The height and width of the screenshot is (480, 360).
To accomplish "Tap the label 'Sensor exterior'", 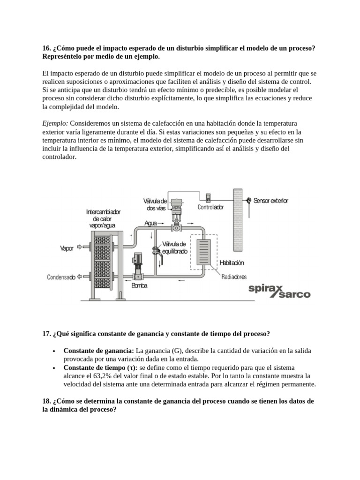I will (271, 201).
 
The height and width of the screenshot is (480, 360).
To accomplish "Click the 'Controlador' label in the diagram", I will (210, 207).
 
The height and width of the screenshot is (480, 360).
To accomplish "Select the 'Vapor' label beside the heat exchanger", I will (67, 248).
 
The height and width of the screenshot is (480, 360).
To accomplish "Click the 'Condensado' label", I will (61, 277).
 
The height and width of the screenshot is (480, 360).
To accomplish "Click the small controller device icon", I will (209, 196).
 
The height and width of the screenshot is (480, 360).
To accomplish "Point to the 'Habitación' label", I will (232, 263).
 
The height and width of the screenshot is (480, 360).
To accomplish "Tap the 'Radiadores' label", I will (234, 277).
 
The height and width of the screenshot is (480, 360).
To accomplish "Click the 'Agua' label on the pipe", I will (150, 224).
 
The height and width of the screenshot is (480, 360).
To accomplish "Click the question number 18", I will (46, 401).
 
